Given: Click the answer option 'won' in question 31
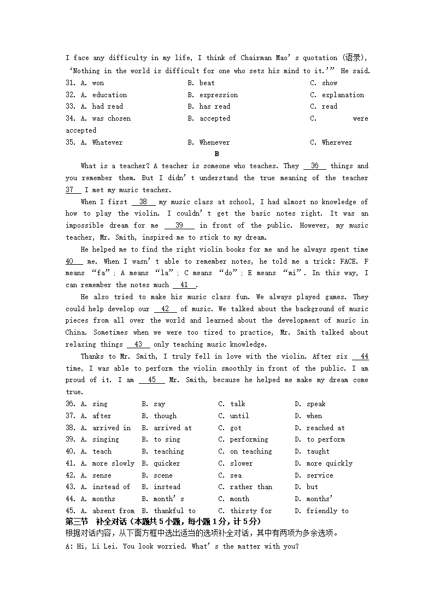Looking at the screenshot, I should (x=98, y=83).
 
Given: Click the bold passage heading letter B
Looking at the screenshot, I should (x=217, y=154).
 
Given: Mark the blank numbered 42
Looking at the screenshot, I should (x=165, y=309).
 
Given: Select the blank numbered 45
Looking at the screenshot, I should (x=152, y=380).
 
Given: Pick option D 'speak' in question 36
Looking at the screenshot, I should (x=316, y=404).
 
